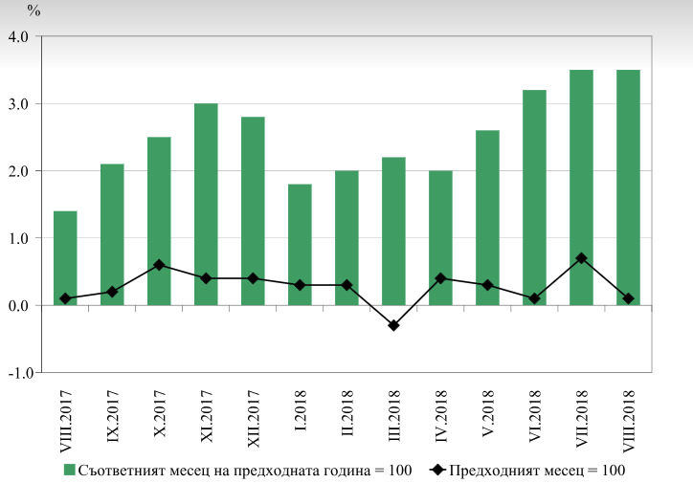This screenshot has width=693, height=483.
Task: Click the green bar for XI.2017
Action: pyautogui.click(x=206, y=204)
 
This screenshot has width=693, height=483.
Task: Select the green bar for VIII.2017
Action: pyautogui.click(x=65, y=258)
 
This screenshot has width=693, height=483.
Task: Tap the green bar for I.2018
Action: pyautogui.click(x=300, y=245)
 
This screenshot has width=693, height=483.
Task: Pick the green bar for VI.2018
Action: pyautogui.click(x=534, y=197)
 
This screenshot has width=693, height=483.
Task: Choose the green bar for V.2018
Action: pyautogui.click(x=487, y=218)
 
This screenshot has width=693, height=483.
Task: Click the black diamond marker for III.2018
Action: pyautogui.click(x=393, y=325)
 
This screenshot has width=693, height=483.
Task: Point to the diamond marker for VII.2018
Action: pyautogui.click(x=582, y=258)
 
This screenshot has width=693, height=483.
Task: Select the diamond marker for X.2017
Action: pyautogui.click(x=159, y=265)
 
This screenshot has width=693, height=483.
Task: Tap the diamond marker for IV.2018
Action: pyautogui.click(x=440, y=278)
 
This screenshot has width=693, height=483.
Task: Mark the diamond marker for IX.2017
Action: pyautogui.click(x=112, y=292)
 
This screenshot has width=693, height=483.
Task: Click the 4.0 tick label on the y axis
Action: pyautogui.click(x=18, y=36)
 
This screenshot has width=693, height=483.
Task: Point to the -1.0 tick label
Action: pyautogui.click(x=21, y=373)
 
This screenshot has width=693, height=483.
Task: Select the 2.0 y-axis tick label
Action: pyautogui.click(x=18, y=171)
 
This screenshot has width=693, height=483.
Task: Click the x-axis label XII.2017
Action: pyautogui.click(x=254, y=419)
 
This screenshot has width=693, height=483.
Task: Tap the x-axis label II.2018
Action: pyautogui.click(x=347, y=412)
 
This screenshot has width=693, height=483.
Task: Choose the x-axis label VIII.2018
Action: pyautogui.click(x=629, y=421)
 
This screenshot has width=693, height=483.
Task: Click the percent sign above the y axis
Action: pyautogui.click(x=34, y=11)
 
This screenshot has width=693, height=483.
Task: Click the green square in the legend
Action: pyautogui.click(x=69, y=470)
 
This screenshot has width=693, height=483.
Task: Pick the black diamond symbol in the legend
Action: pyautogui.click(x=437, y=470)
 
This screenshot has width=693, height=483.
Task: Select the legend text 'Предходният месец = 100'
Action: pyautogui.click(x=537, y=471)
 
